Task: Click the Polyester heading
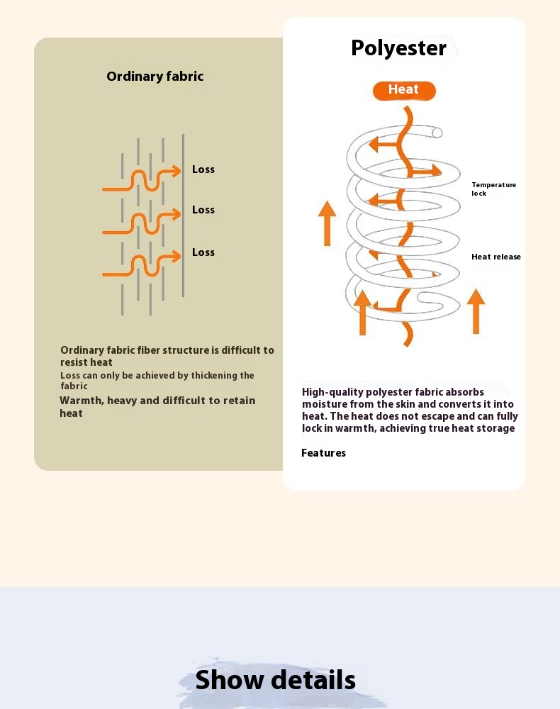pyautogui.click(x=398, y=48)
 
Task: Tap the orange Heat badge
pyautogui.click(x=404, y=90)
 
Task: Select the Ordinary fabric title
pyautogui.click(x=155, y=77)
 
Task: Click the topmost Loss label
pyautogui.click(x=203, y=169)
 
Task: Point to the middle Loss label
pyautogui.click(x=203, y=210)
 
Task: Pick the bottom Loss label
pyautogui.click(x=203, y=252)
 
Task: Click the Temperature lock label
pyautogui.click(x=493, y=189)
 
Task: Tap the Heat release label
pyautogui.click(x=495, y=257)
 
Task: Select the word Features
pyautogui.click(x=323, y=453)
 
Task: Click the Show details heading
pyautogui.click(x=275, y=680)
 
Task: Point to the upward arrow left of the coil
pyautogui.click(x=327, y=223)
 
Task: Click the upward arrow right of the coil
pyautogui.click(x=476, y=311)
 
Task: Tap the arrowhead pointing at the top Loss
pyautogui.click(x=175, y=170)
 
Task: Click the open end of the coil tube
pyautogui.click(x=437, y=133)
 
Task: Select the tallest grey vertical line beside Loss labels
pyautogui.click(x=184, y=216)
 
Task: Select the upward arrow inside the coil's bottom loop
pyautogui.click(x=362, y=311)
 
